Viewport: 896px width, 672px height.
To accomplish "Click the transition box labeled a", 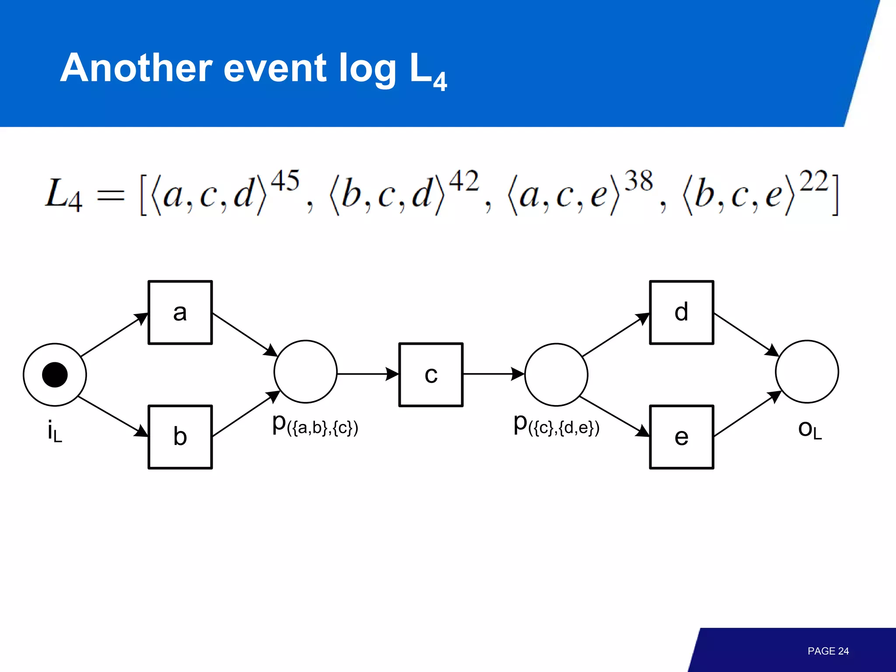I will point(180,312).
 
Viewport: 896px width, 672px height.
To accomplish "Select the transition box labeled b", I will point(180,437).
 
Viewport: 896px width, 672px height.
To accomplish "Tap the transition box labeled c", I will point(431,374).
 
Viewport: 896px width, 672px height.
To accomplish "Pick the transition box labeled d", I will point(682,312).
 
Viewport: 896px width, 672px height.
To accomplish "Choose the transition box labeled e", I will point(682,437).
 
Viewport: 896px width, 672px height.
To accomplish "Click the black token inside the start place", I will point(55,374).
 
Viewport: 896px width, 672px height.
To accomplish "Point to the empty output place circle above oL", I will point(807,371).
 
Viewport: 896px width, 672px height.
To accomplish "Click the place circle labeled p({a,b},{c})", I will point(305,371).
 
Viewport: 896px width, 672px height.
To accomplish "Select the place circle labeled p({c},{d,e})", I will point(556,374).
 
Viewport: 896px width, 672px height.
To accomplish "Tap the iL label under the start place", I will point(55,431).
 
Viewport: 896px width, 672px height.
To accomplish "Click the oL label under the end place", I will point(810,430).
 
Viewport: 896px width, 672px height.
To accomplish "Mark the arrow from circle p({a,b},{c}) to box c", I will point(367,374).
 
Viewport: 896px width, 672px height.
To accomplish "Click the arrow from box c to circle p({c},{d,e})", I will point(493,374).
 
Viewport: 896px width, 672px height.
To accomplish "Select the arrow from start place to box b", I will point(113,416).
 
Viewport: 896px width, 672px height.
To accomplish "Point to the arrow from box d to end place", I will point(746,334).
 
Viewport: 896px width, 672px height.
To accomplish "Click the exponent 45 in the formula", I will point(285,181).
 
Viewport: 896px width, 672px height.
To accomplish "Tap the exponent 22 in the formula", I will point(814,181).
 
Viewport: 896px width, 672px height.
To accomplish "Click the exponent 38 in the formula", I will point(638,181).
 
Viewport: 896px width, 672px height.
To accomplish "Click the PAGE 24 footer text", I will point(828,651).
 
